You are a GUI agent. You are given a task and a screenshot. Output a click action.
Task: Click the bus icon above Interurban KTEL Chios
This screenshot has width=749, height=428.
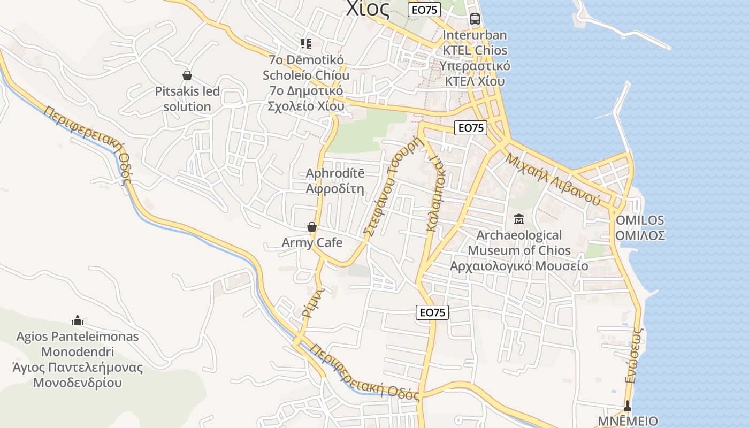coord(475,19)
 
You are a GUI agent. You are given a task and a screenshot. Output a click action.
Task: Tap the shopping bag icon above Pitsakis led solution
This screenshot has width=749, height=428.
coord(187,75)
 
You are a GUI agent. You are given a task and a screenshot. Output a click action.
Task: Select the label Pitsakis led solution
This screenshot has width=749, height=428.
coord(187,99)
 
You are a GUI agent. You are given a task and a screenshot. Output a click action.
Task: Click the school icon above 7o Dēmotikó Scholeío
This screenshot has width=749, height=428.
coord(305,43)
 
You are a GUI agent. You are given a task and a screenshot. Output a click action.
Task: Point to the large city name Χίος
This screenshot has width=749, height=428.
coord(368,9)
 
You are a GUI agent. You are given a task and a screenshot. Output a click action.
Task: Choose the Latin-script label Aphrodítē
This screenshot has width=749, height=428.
coord(335,173)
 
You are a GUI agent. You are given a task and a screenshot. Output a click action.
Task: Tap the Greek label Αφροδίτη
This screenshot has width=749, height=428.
coord(335,188)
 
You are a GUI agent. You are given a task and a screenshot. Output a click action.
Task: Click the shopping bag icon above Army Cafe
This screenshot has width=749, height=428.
coord(312,227)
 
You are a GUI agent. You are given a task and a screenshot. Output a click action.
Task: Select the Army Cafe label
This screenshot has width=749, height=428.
coord(312,243)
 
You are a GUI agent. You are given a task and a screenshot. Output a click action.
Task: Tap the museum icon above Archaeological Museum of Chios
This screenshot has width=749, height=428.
coord(518,219)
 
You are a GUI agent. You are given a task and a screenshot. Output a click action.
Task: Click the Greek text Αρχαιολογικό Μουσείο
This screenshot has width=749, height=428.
coord(519,266)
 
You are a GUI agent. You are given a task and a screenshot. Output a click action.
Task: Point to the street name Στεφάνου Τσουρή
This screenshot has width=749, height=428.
coord(393,186)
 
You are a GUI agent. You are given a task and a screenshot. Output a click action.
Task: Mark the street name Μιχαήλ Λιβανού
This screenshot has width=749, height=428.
coord(553,179)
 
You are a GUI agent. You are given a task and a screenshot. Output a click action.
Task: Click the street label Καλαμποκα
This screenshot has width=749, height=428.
coord(435,194)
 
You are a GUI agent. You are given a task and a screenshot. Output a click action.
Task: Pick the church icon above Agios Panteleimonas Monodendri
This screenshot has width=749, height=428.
coord(78,320)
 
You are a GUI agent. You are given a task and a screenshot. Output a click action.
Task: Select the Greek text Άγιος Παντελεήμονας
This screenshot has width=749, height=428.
coord(78,368)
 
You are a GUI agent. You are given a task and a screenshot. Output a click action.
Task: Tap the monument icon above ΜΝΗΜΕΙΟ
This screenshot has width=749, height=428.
coord(628,406)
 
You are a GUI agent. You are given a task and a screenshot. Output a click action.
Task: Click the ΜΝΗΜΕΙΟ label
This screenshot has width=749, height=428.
coord(628,421)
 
